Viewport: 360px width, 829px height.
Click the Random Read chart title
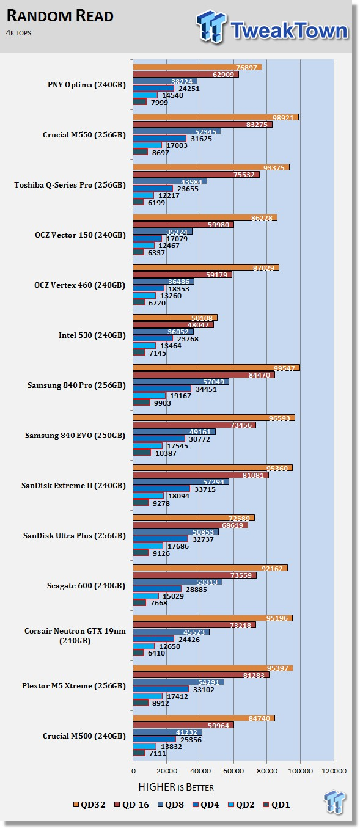(x=60, y=16)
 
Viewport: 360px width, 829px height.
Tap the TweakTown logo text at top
(x=289, y=31)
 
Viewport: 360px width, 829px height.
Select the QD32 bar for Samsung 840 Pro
(x=216, y=368)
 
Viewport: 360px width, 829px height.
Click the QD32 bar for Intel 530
(x=175, y=318)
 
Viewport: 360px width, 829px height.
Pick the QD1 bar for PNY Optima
(x=139, y=102)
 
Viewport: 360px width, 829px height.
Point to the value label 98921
(x=282, y=118)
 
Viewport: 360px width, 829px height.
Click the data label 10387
(x=166, y=453)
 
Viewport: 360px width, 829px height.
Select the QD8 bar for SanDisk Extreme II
(x=181, y=482)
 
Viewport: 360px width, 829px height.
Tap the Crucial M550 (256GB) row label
(x=84, y=135)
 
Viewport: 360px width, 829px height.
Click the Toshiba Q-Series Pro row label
(x=70, y=184)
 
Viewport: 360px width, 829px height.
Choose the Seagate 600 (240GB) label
(x=86, y=585)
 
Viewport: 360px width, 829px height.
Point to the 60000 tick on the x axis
(x=233, y=771)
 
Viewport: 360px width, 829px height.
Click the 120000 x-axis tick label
(x=334, y=771)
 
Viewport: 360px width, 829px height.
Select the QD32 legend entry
(x=89, y=805)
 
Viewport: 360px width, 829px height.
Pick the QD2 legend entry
(x=241, y=805)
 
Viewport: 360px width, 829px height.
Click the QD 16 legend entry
(x=131, y=805)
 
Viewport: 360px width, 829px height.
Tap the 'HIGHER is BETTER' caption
(x=176, y=787)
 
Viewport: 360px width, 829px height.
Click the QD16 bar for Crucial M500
(x=183, y=725)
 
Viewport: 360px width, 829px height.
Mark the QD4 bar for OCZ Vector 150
(x=147, y=239)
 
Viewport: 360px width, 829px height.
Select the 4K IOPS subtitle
(x=18, y=33)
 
